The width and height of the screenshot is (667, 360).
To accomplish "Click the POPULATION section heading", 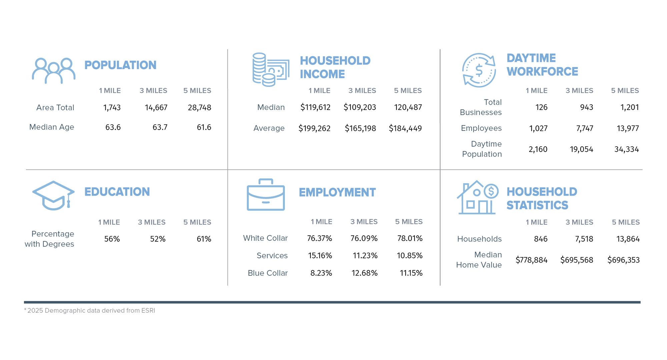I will coord(120,65).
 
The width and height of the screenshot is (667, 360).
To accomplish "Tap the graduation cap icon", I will coord(53,195).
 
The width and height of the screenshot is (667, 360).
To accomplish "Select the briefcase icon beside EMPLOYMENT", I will coord(266,195).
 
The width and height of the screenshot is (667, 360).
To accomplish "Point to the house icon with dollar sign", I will coord(477,198).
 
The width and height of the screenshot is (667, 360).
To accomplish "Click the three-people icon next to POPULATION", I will coord(53,71).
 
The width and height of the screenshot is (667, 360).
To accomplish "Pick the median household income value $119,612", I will coord(315,107).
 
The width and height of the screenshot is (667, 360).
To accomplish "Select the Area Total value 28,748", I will coord(199,108).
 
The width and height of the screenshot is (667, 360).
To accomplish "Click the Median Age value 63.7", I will coord(160,127).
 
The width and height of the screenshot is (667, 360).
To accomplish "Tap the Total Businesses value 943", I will coord(586,107).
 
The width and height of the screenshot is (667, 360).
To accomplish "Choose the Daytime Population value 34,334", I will coord(626,149).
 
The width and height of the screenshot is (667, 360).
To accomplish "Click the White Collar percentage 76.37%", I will coord(319,238).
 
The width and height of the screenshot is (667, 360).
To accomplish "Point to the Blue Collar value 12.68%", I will coord(364,273).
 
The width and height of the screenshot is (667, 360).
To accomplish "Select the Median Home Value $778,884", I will coord(531,260).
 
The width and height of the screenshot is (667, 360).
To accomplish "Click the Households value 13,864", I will coord(628,239).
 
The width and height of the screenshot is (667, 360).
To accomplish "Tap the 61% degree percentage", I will coord(204,239).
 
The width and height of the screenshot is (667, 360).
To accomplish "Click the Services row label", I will coord(272,256).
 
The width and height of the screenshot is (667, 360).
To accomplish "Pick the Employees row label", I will coord(481,128).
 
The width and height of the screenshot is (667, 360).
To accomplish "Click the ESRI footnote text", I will coord(90,311).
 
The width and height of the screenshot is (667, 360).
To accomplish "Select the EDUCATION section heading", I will coord(117,192).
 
